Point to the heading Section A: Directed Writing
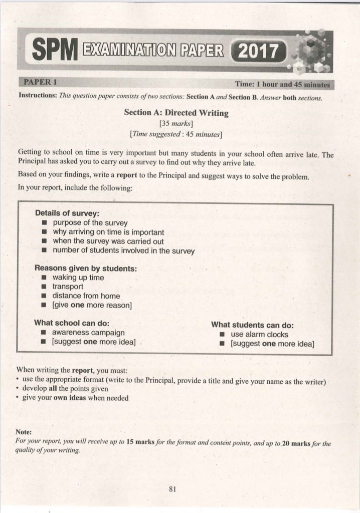[x=176, y=113]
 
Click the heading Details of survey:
[x=66, y=213]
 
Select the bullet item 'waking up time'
[x=78, y=278]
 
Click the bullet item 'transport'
[x=68, y=287]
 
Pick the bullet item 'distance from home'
[x=86, y=296]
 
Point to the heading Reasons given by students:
[x=85, y=268]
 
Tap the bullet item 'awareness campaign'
[x=89, y=332]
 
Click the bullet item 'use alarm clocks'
[x=259, y=334]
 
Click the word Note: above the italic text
[x=24, y=431]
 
